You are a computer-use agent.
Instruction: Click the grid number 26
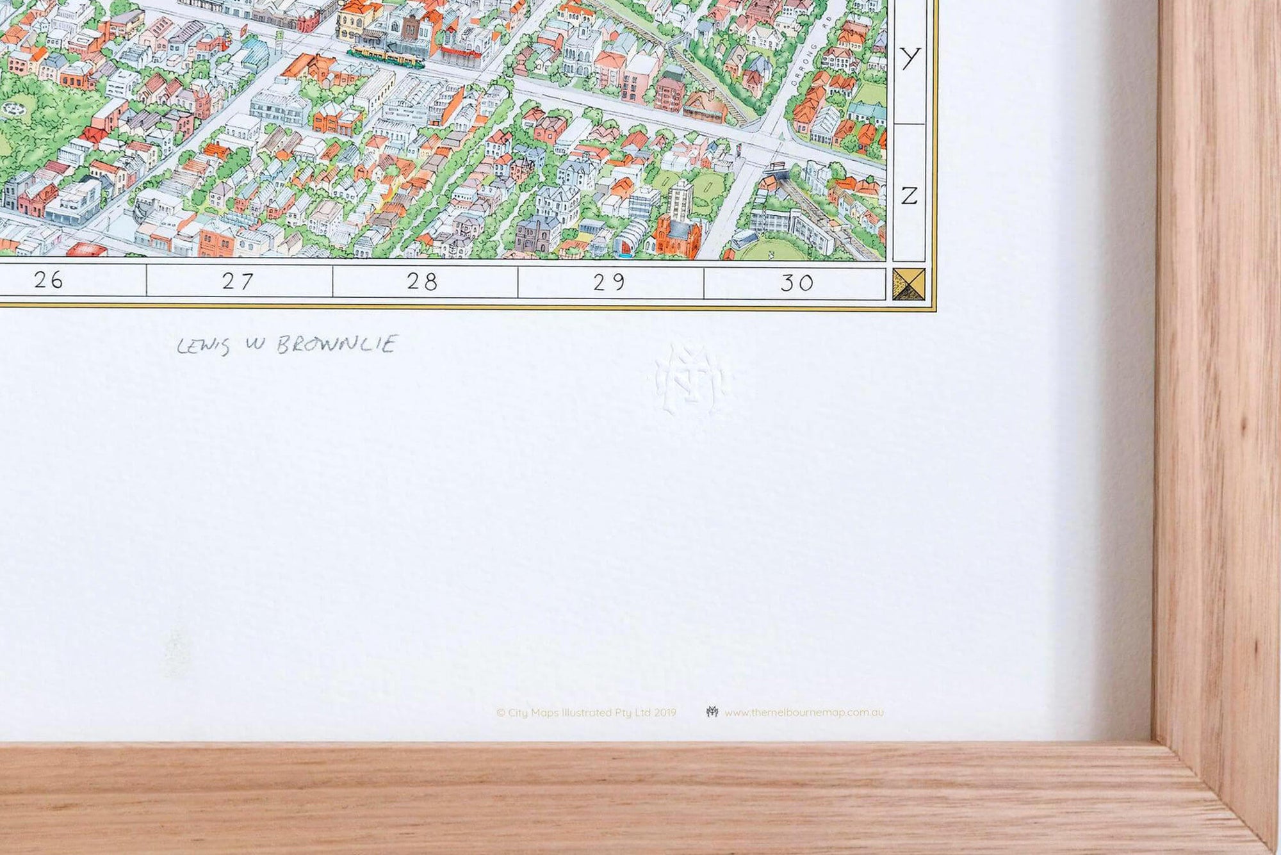coord(49,280)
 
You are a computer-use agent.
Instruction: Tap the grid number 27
coord(238,281)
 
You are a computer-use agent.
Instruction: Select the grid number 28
coord(422,281)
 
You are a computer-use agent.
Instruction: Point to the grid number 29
coord(608,282)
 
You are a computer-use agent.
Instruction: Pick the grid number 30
coord(797,282)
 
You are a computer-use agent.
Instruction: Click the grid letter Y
coord(910,59)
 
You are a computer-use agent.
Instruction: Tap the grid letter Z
coord(910,195)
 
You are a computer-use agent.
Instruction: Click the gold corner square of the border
coord(909,284)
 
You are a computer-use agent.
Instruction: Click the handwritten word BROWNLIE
coord(338,345)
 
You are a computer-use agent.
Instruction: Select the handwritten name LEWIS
coord(203,346)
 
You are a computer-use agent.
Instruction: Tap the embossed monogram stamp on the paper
coord(690,379)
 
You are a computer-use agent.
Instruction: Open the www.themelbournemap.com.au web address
coord(804,712)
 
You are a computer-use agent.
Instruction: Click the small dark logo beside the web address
coord(712,712)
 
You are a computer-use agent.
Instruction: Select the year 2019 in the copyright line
coord(665,712)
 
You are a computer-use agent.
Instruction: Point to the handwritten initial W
coord(253,346)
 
